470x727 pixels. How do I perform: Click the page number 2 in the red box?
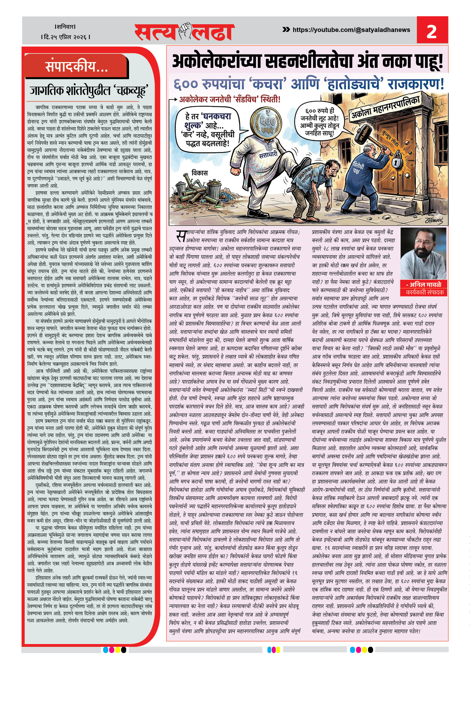[x=431, y=31]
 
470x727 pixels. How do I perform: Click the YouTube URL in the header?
[x=351, y=30]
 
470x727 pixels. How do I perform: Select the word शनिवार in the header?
[x=65, y=27]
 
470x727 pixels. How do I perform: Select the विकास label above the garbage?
[x=200, y=173]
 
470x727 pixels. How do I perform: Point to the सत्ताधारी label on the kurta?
[x=268, y=155]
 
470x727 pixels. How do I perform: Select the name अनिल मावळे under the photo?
[x=423, y=285]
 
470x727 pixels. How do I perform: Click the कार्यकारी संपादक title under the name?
[x=423, y=292]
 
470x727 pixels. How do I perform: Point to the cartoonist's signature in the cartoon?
[x=434, y=221]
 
